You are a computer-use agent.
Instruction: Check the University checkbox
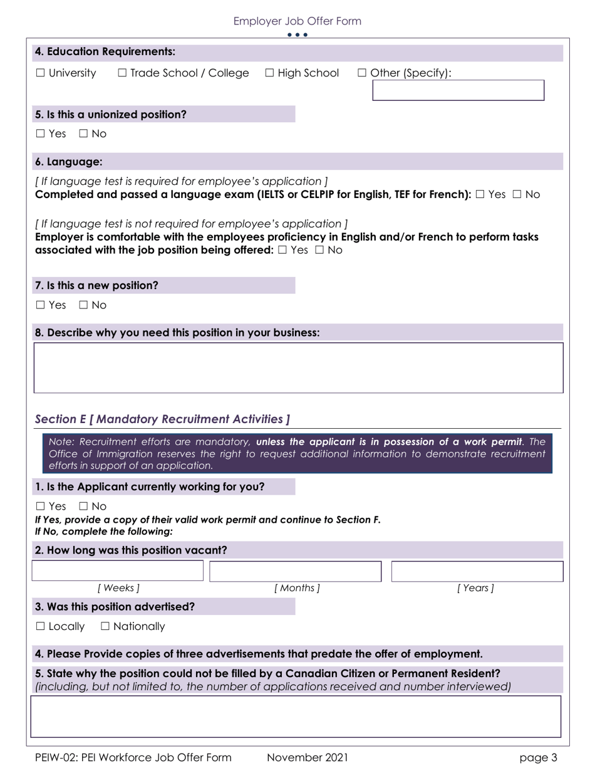click(x=41, y=73)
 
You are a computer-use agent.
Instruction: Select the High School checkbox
click(x=270, y=73)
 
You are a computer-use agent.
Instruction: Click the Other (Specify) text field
click(x=458, y=90)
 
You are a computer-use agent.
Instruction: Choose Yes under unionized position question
click(x=41, y=134)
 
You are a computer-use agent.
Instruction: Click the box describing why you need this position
click(x=298, y=367)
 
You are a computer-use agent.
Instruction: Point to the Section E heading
click(x=162, y=419)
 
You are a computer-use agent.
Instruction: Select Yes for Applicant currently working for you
click(x=41, y=506)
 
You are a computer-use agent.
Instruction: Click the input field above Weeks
click(x=118, y=571)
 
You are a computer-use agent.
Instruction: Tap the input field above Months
click(x=295, y=571)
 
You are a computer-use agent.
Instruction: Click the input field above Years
click(x=477, y=571)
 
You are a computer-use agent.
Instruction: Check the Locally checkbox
click(x=41, y=626)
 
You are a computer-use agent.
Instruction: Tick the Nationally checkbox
click(x=105, y=626)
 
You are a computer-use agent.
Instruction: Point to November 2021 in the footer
click(x=307, y=758)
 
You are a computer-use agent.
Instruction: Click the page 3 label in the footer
click(x=538, y=758)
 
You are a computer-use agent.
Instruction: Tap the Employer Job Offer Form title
click(x=297, y=21)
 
